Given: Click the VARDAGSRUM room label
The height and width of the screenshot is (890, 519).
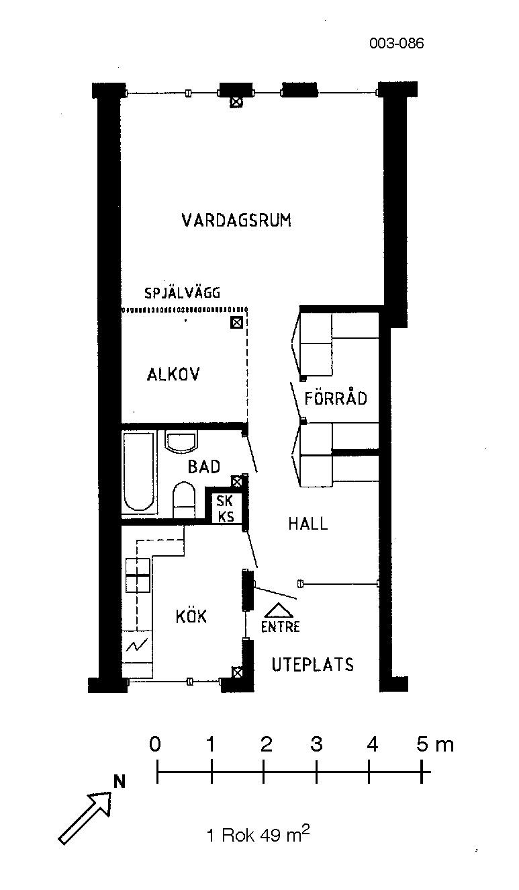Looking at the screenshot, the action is [x=236, y=220].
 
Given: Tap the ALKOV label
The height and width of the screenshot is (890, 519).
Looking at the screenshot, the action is [x=173, y=374].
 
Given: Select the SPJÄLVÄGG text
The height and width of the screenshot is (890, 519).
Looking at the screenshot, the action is [x=182, y=292].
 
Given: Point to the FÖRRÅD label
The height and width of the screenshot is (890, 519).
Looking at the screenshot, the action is [x=336, y=398].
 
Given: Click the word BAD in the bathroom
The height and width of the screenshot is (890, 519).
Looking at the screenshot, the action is [x=204, y=467].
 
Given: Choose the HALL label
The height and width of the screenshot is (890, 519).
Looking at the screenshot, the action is [x=308, y=524].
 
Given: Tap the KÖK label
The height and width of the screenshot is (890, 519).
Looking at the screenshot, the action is [x=191, y=616].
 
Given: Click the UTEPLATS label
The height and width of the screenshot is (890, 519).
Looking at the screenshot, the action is [x=313, y=664].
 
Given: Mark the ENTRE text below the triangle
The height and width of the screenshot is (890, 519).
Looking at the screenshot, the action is [x=281, y=626].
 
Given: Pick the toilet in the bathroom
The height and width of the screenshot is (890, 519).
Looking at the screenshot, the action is [x=184, y=500].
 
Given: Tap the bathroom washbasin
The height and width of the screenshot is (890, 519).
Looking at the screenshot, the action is [x=181, y=442].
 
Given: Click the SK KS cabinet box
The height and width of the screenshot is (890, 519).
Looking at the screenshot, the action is [x=225, y=508].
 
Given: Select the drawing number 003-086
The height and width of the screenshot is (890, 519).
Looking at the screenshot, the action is [x=396, y=43].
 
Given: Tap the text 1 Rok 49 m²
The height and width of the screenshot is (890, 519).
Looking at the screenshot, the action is [x=258, y=834].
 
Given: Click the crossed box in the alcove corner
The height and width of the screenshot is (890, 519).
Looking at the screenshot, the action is [x=236, y=322].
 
